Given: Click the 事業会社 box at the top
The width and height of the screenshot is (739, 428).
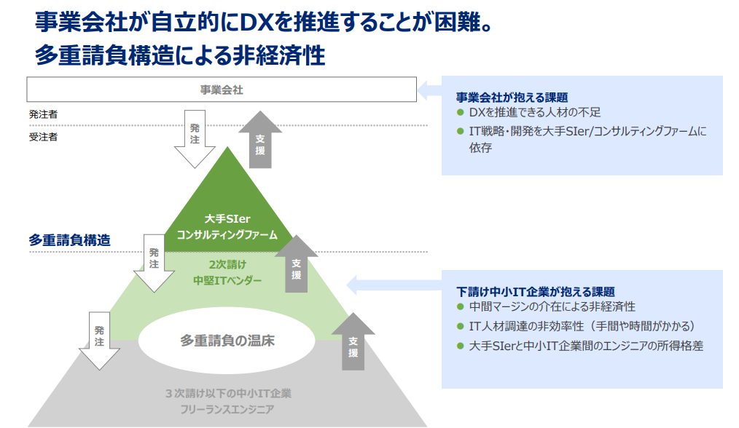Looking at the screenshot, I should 222,90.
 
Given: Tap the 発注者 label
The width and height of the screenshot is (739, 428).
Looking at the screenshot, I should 43,114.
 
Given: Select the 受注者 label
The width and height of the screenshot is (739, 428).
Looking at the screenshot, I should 43,136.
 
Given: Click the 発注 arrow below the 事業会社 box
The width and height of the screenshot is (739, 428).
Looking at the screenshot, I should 195,136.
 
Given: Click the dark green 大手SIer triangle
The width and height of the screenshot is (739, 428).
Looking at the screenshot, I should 227,211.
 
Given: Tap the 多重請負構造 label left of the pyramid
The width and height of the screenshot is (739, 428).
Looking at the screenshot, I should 70,239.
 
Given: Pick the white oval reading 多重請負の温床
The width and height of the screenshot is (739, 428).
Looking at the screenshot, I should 227,340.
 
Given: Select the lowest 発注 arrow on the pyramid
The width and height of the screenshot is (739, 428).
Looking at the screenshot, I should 99,339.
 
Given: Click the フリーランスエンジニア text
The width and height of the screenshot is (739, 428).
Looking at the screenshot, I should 227,410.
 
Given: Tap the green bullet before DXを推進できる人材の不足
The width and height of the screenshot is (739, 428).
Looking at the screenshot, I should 460,113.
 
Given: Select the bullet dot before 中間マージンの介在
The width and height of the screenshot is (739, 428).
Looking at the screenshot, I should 460,307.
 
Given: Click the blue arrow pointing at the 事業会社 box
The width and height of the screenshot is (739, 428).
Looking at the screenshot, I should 429,90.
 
